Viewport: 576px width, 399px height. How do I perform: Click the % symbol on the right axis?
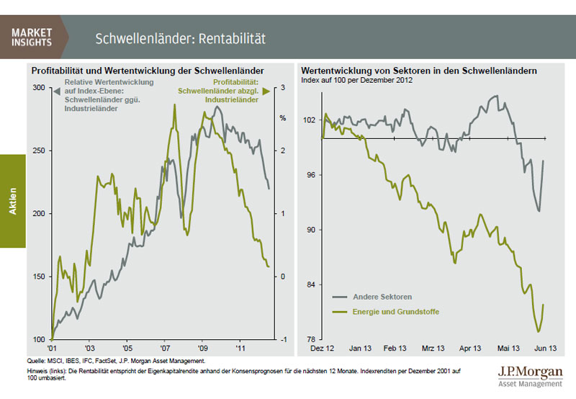tap(283, 117)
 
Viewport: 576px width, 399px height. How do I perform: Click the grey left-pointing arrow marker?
tap(48, 91)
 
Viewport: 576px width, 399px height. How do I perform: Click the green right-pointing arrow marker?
tap(266, 91)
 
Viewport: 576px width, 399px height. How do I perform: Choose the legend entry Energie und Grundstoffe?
tap(395, 312)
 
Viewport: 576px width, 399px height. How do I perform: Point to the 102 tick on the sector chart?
tap(310, 120)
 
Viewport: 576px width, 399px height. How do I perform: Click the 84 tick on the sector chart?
tap(311, 285)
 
